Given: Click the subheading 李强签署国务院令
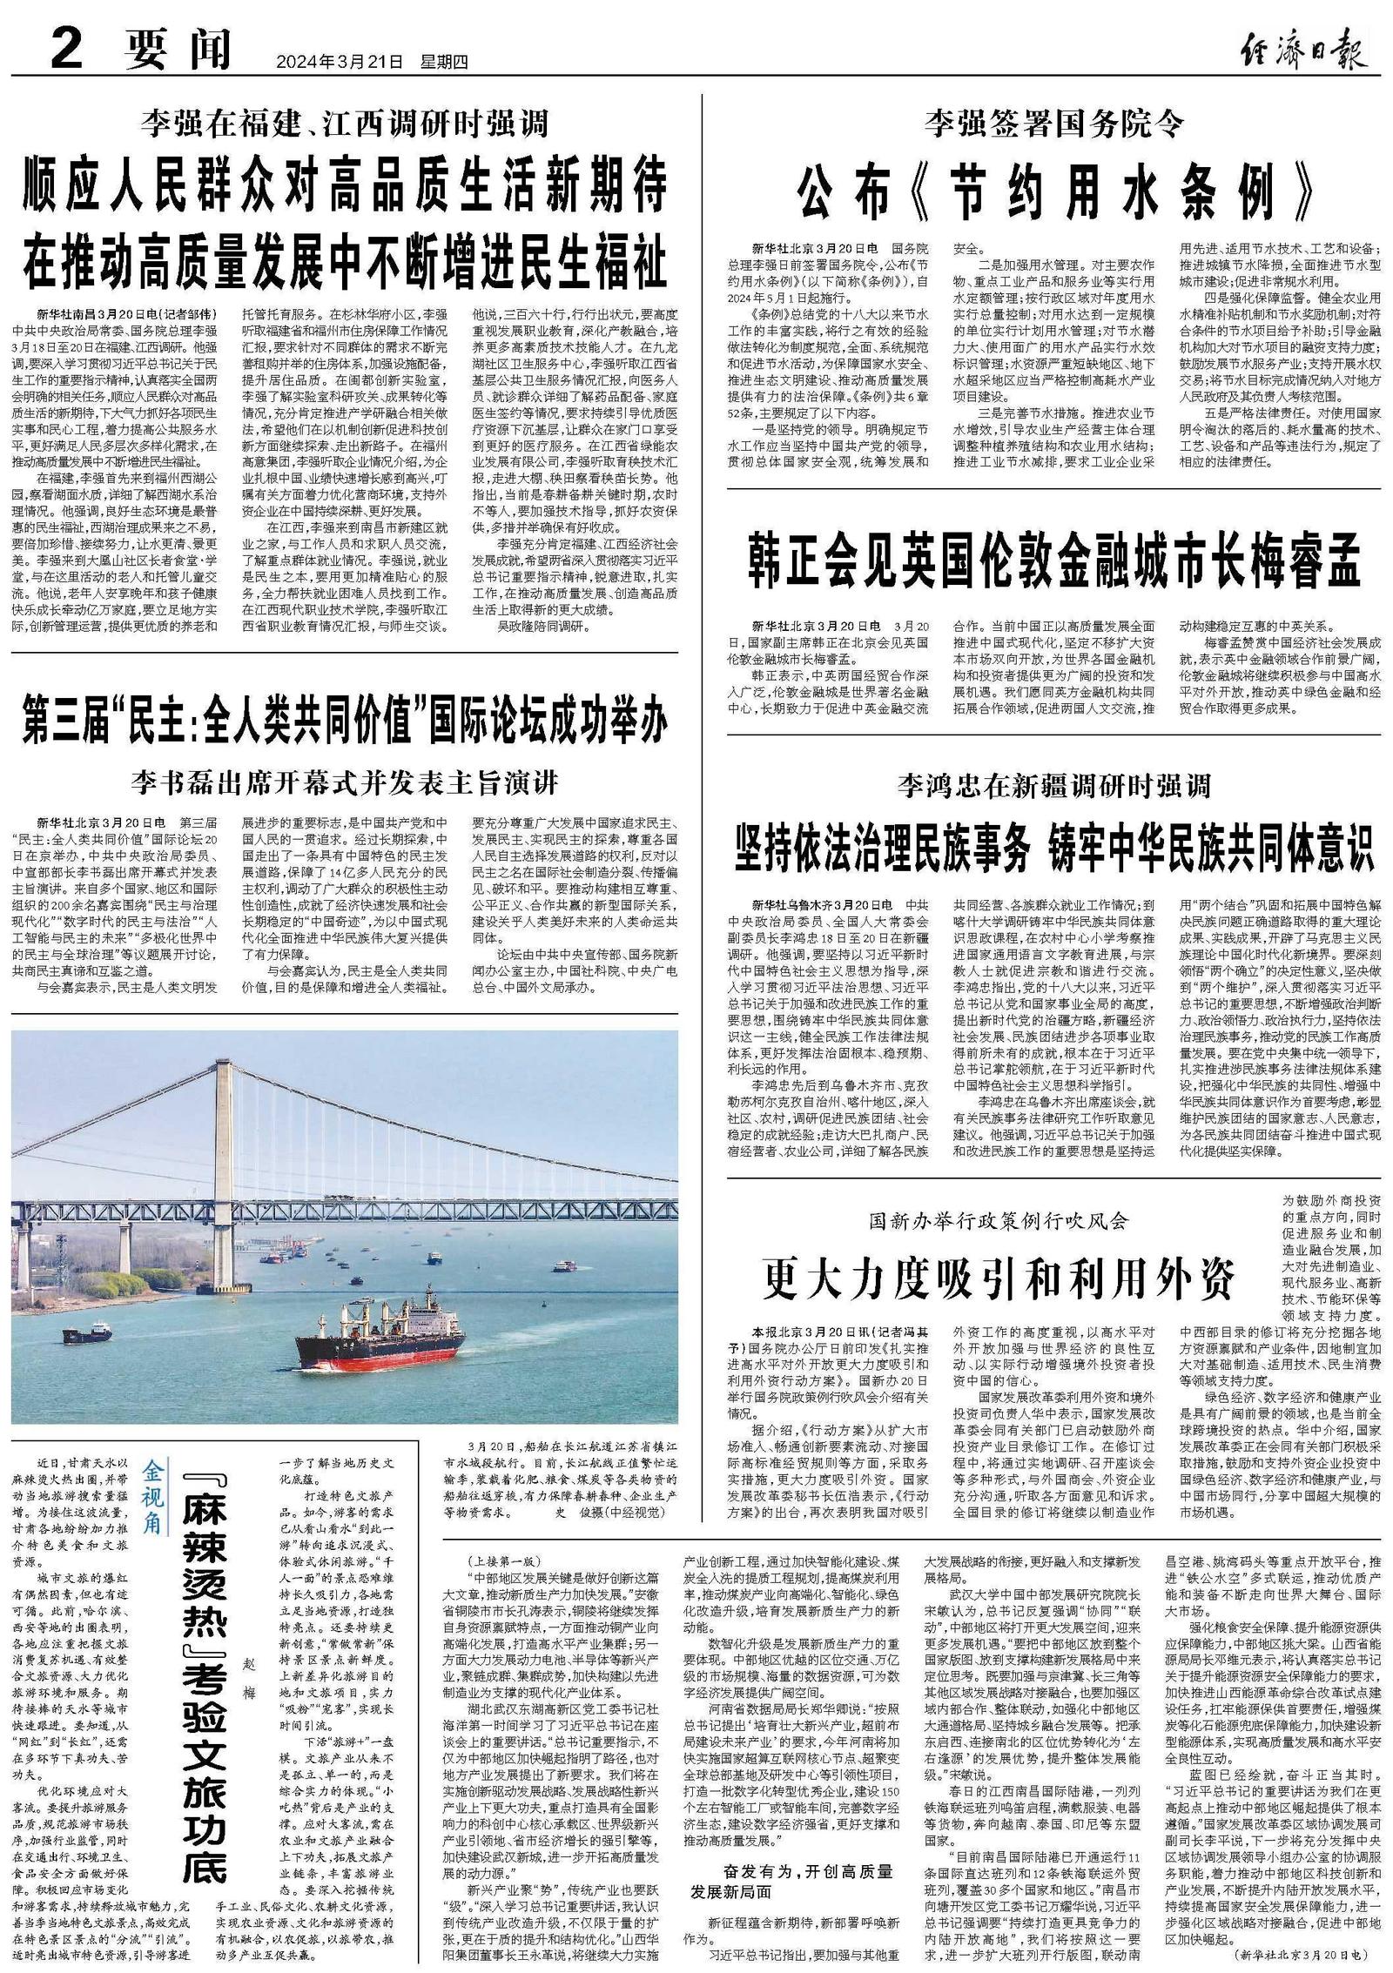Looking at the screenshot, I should [1054, 124].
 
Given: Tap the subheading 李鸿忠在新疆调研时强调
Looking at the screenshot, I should [1054, 787].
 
